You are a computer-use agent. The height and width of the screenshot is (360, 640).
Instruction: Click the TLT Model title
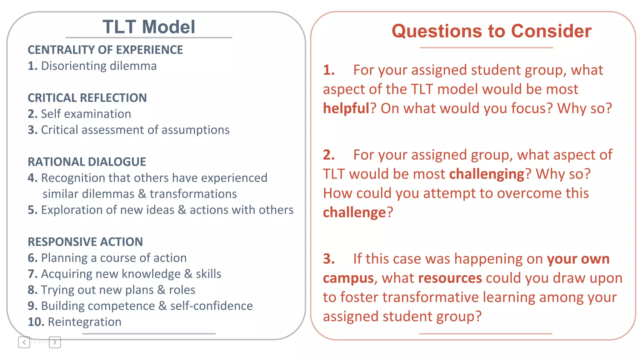coord(149,27)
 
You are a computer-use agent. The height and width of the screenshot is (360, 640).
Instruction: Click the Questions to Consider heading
coord(491,31)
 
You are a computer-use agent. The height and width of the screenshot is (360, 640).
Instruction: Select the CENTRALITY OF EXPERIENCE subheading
coord(105,50)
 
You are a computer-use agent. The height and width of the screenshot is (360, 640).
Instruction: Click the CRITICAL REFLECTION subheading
coord(87,98)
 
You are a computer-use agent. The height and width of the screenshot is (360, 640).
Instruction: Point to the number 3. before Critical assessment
coord(32,130)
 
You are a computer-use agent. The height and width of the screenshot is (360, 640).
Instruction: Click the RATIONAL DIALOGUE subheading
coord(87,162)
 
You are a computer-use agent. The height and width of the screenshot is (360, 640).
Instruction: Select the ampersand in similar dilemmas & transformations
coord(142,194)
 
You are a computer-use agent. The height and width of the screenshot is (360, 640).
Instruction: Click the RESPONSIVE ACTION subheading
coord(85,242)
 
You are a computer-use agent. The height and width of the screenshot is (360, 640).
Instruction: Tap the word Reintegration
coord(84,322)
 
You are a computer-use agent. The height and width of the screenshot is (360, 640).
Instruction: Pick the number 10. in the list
coord(36,322)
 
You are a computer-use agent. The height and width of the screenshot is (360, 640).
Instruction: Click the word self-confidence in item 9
coord(211,306)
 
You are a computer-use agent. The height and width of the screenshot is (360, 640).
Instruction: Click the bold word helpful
coord(346,108)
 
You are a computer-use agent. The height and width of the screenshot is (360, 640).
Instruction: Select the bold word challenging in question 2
coord(486,174)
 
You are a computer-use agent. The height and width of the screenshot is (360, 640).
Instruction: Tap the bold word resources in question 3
coord(450,278)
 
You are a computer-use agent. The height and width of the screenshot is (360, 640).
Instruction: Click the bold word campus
coord(348,278)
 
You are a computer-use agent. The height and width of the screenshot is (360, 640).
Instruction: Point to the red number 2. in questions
coord(329,155)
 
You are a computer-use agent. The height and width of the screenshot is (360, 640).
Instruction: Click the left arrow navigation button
coord(24,342)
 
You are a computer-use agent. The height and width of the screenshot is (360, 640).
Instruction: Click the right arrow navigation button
coord(55,342)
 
